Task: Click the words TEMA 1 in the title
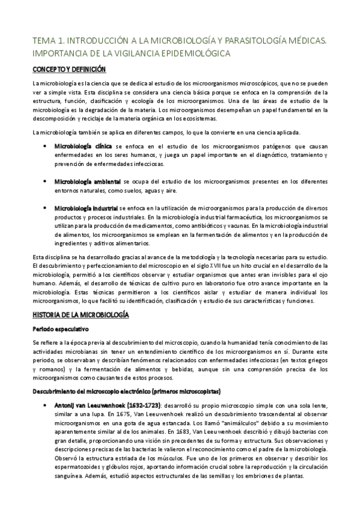[47, 40]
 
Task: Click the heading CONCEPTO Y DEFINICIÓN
[69, 70]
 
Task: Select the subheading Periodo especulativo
[61, 329]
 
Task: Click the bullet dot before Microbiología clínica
[44, 146]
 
